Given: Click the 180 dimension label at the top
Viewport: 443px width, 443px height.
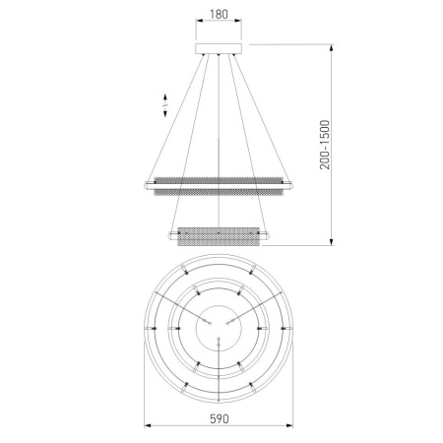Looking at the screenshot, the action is (x=219, y=14).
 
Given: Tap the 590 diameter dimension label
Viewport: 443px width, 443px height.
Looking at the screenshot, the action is (x=219, y=418).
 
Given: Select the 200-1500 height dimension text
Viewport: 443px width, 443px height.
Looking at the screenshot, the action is (x=325, y=145).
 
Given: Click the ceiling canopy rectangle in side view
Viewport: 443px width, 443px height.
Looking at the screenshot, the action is (x=219, y=48).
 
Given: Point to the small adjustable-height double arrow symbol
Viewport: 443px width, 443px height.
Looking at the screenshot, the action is (x=165, y=105).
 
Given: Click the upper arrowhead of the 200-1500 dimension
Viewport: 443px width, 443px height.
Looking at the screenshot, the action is (x=332, y=47).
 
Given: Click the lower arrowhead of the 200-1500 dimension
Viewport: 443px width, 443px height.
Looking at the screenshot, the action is (x=332, y=242).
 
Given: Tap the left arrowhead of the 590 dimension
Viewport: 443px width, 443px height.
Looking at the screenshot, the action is (x=148, y=425).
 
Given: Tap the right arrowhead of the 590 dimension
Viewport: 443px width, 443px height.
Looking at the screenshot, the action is (x=289, y=425).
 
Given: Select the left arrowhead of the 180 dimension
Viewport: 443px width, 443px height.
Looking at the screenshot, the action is (x=199, y=21).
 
